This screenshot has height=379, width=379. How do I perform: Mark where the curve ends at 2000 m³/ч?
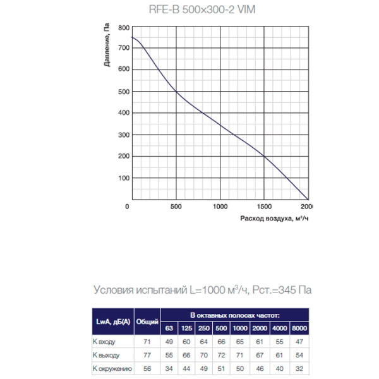(308, 198)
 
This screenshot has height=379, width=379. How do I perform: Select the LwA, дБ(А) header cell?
(109, 322)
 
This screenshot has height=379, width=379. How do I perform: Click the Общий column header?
(147, 322)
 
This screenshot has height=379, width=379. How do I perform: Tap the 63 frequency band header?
(169, 328)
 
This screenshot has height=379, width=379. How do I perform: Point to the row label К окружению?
(112, 368)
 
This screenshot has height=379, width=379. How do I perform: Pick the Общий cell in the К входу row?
(147, 342)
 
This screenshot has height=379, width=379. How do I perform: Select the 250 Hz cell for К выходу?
(204, 355)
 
